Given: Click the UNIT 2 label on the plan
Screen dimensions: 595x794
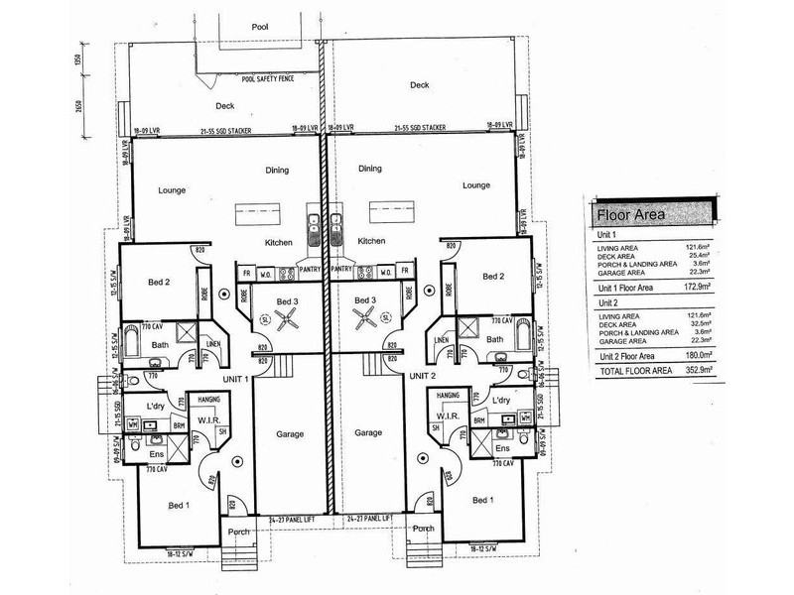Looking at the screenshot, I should pyautogui.click(x=423, y=377).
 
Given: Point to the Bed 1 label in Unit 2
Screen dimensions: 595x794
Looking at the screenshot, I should pyautogui.click(x=482, y=501).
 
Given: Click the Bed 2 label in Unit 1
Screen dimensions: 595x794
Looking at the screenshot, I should pyautogui.click(x=160, y=282).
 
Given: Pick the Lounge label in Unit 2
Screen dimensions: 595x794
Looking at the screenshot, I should pyautogui.click(x=476, y=185).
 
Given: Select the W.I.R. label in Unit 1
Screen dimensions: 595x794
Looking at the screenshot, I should pyautogui.click(x=208, y=417).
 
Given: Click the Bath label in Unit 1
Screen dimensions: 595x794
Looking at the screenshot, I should pyautogui.click(x=160, y=345).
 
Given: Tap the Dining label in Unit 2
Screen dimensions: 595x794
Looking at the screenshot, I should pyautogui.click(x=369, y=169).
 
